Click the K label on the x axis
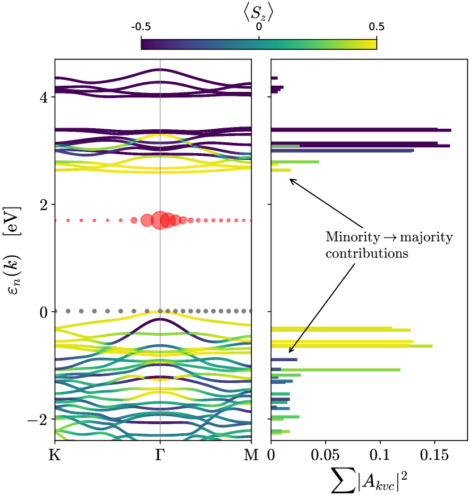55,455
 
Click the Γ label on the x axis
160,455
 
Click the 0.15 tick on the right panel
434,455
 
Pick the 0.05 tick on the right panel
325,455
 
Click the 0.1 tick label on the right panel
380,455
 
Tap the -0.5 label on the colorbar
141,27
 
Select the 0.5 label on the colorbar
376,27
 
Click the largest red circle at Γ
160,219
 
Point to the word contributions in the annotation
366,254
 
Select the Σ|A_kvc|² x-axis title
369,481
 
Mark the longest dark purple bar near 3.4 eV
361,130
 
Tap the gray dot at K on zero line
55,311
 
